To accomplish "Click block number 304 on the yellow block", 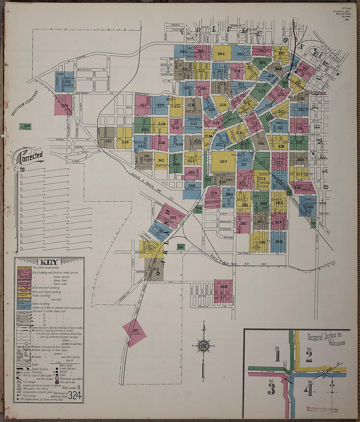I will point(221,54).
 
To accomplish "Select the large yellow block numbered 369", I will point(223,161).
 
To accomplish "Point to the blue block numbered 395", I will point(68,81).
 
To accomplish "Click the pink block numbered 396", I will point(64,105).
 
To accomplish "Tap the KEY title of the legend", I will point(49,262).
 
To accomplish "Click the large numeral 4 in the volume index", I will point(309,390).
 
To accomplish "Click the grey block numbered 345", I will point(108,141).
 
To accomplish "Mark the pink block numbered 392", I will point(173,218).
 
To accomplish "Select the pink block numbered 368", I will point(224,287).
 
